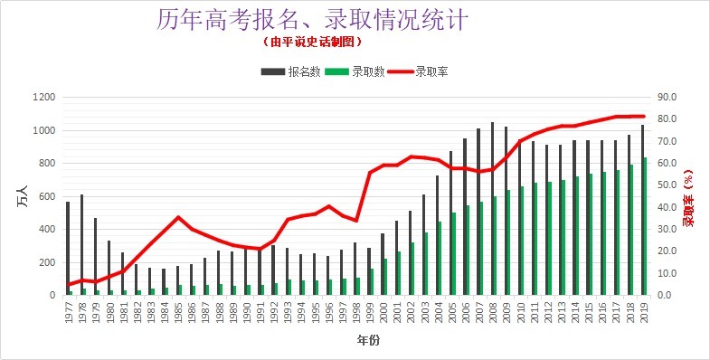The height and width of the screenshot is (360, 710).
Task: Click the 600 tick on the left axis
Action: pos(48,196)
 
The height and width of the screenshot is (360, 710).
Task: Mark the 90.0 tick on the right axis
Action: pos(668,98)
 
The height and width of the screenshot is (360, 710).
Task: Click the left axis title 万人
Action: pos(24,196)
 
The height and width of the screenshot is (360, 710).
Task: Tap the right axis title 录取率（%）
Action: pos(688,196)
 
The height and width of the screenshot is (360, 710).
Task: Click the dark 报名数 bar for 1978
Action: pos(81,244)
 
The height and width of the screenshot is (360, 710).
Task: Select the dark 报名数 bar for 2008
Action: pos(492,208)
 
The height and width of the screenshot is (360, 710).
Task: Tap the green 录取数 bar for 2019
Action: pos(645,226)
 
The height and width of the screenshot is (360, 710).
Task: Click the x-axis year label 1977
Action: pos(68,312)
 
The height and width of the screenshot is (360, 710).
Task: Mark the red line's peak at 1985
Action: pos(178,217)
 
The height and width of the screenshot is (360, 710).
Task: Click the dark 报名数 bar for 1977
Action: pos(68,248)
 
